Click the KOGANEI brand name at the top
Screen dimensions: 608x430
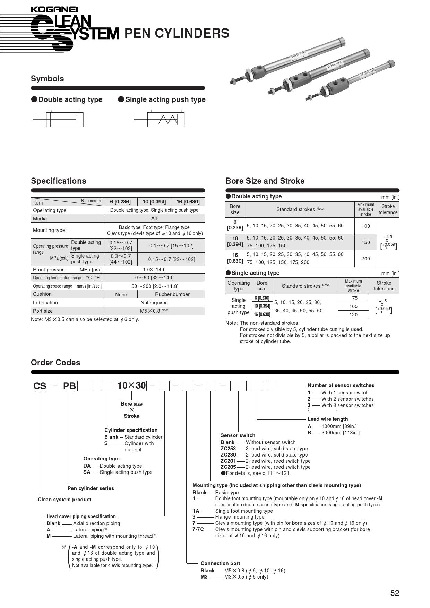coord(54,9)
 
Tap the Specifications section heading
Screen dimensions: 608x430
coord(59,181)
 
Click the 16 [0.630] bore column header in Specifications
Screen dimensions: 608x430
coord(188,202)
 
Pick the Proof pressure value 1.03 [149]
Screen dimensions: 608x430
coord(154,270)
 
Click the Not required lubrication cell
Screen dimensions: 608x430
coord(154,303)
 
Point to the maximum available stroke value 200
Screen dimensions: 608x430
coord(365,259)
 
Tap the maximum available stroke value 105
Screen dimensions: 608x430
coord(353,306)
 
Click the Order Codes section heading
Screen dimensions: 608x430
coord(55,363)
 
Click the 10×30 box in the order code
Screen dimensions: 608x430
coord(131,385)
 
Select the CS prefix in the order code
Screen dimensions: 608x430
coord(40,386)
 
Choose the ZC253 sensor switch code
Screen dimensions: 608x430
coord(228,449)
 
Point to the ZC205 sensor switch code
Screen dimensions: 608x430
coord(228,467)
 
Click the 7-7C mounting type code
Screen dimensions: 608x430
coord(198,529)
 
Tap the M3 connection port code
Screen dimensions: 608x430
coord(204,577)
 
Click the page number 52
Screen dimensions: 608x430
coord(395,593)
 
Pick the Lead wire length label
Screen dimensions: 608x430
coord(328,419)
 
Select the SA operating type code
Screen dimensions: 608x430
coord(87,472)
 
